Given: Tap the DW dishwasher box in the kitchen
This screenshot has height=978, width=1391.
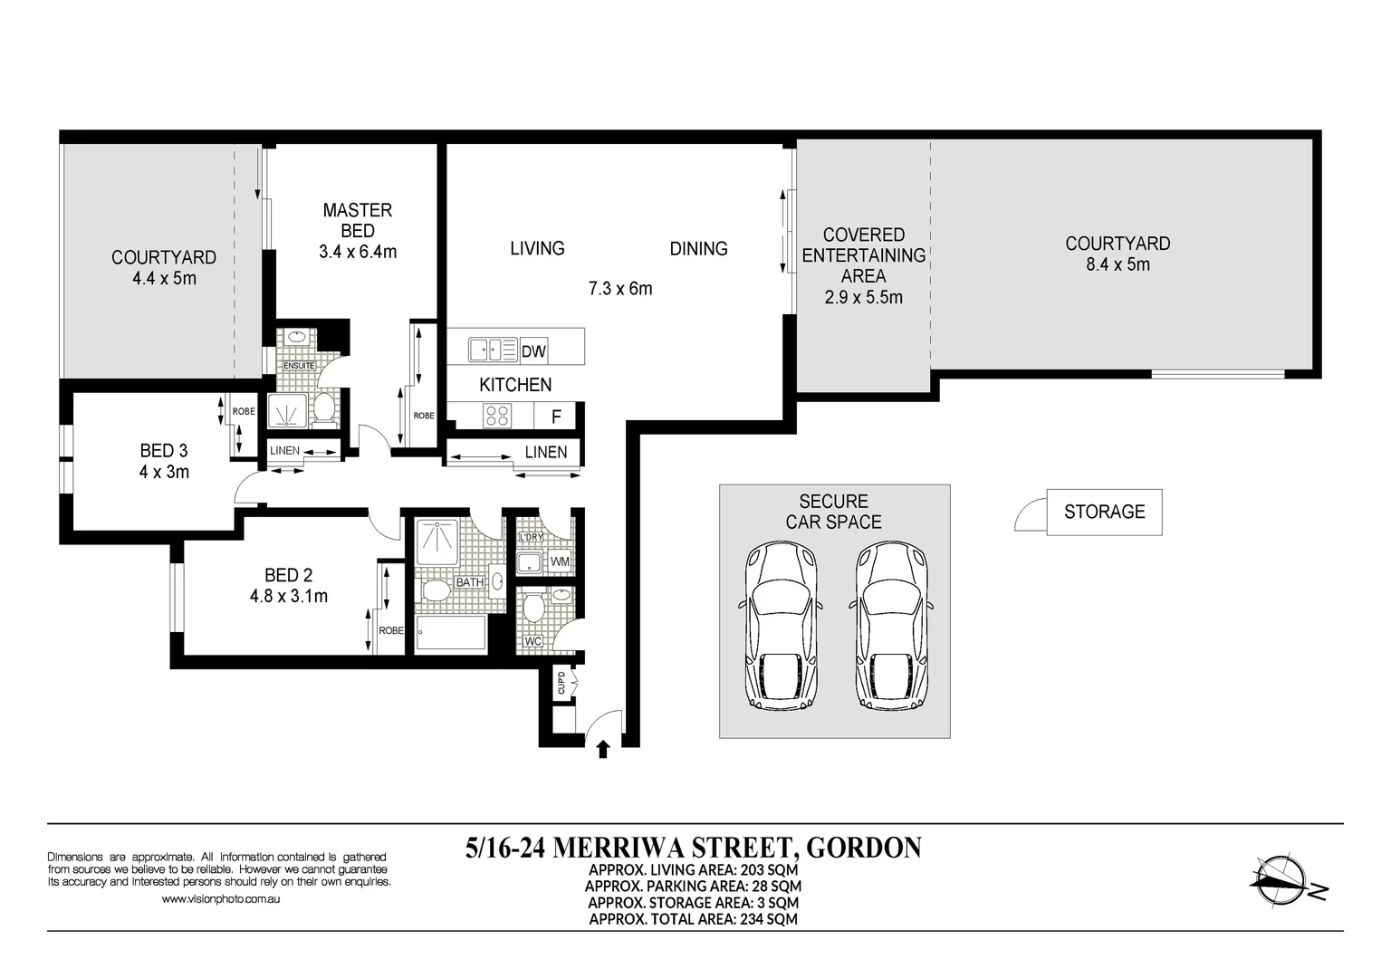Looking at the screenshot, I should [533, 351].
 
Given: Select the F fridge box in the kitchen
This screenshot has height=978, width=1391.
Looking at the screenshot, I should [556, 417].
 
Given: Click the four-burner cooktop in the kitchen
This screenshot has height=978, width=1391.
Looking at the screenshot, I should [498, 416].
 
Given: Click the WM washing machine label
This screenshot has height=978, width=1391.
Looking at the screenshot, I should [560, 562].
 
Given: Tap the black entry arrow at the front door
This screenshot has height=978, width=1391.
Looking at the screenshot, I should [603, 748].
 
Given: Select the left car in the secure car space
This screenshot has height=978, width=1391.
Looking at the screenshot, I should [782, 626].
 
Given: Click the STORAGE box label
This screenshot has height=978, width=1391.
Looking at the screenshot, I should [1104, 513].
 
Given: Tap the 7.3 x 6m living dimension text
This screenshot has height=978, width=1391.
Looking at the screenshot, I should [619, 289].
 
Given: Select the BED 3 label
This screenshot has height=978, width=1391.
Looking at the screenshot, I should [164, 451].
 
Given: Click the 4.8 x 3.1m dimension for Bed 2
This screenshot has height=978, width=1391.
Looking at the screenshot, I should [289, 596].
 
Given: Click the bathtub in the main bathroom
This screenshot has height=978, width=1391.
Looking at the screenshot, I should [450, 634].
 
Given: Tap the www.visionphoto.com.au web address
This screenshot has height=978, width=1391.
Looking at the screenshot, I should [220, 899].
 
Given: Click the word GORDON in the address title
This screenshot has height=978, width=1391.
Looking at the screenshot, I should [863, 848].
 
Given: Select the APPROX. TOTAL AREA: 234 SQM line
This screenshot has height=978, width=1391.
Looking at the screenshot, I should [693, 919].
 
